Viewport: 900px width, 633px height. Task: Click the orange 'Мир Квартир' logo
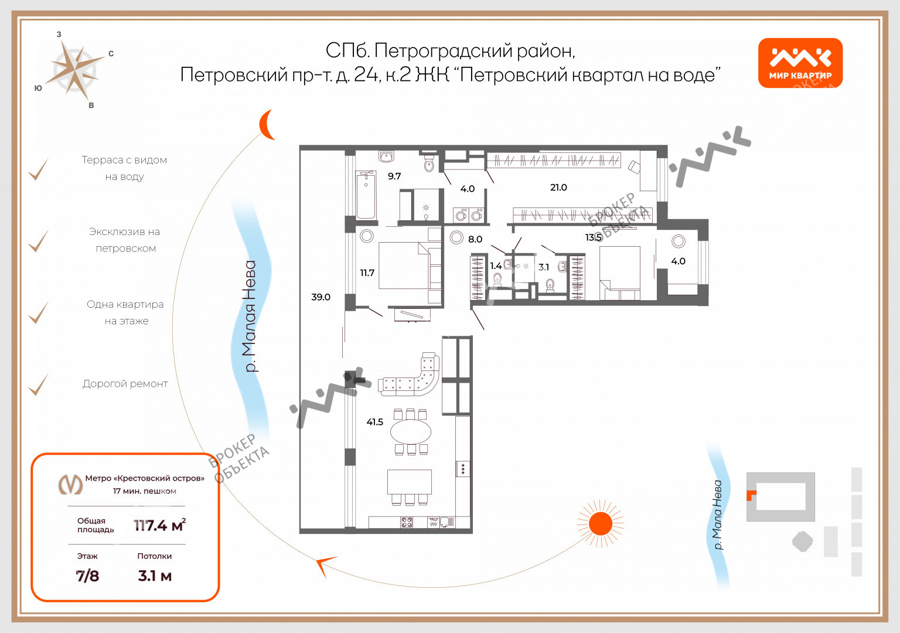(800, 63)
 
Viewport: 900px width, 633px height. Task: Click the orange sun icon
(600, 523)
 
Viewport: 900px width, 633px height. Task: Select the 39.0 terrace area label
(321, 297)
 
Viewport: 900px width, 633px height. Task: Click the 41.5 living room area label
(374, 422)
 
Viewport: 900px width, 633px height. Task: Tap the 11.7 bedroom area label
(367, 273)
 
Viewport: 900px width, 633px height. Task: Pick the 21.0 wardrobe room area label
(558, 188)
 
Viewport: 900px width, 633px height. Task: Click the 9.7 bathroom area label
(394, 176)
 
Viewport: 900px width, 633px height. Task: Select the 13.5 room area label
(593, 237)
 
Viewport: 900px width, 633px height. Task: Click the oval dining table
(411, 432)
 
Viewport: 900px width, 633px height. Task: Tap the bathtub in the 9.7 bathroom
(366, 195)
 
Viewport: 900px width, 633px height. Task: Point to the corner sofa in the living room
(412, 378)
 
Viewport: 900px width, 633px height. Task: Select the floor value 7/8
(87, 576)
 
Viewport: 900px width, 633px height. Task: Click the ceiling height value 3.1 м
(155, 576)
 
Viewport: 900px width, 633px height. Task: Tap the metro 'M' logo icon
(70, 484)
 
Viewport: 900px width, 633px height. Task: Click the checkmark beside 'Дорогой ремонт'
(39, 385)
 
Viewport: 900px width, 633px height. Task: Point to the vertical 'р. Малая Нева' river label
(250, 316)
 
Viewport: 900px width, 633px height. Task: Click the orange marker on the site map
(751, 495)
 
